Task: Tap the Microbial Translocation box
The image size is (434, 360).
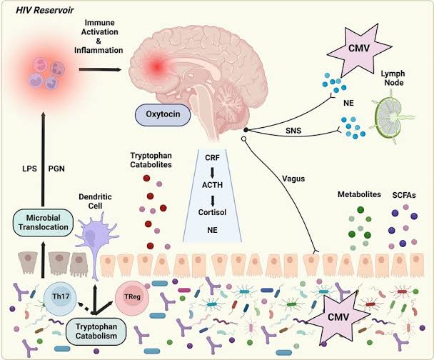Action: [43, 221]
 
